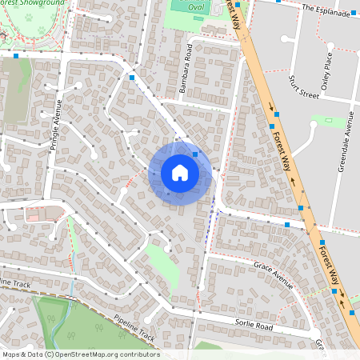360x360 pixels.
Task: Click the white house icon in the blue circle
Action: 180,173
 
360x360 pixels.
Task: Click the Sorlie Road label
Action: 254,326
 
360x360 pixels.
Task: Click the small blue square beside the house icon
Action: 195,153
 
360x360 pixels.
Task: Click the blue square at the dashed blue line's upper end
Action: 132,78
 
